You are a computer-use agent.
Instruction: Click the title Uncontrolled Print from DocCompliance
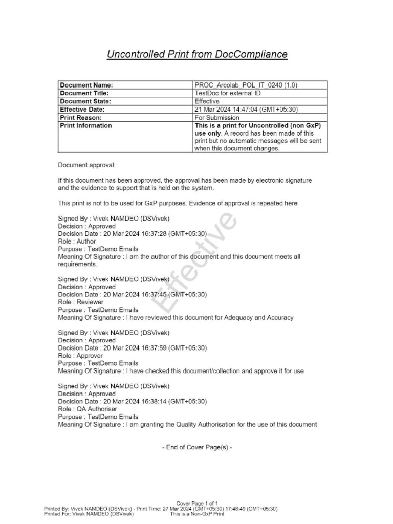click(x=196, y=54)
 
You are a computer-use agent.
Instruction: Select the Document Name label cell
click(x=86, y=85)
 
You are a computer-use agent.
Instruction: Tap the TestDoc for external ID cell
click(x=228, y=94)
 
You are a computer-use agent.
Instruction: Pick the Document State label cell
click(x=85, y=101)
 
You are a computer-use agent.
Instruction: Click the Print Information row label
click(x=86, y=126)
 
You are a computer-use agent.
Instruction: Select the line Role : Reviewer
click(x=80, y=302)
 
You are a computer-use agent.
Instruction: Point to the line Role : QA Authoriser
click(x=88, y=409)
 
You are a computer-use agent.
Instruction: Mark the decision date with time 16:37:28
click(x=132, y=234)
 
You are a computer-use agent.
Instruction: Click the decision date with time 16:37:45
click(x=132, y=295)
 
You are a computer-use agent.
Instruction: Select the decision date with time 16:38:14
click(x=132, y=402)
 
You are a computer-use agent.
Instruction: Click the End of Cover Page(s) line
click(x=197, y=447)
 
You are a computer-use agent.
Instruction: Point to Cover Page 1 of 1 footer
click(x=197, y=504)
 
